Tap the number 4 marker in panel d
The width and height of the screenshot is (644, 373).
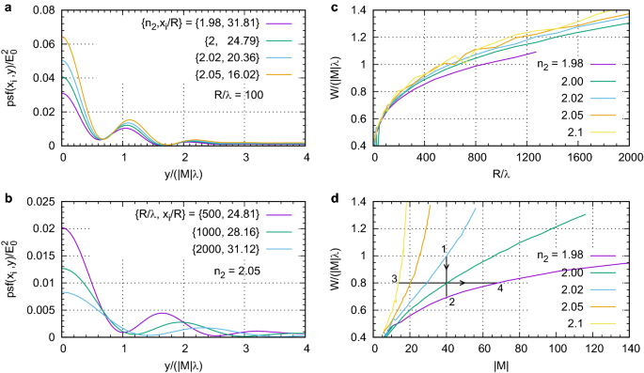(499, 288)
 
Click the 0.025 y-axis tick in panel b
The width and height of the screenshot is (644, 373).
(38, 201)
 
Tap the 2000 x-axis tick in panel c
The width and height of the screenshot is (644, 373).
(629, 159)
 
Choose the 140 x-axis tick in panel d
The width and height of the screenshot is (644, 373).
(629, 349)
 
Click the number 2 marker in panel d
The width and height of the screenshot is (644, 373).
(451, 301)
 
